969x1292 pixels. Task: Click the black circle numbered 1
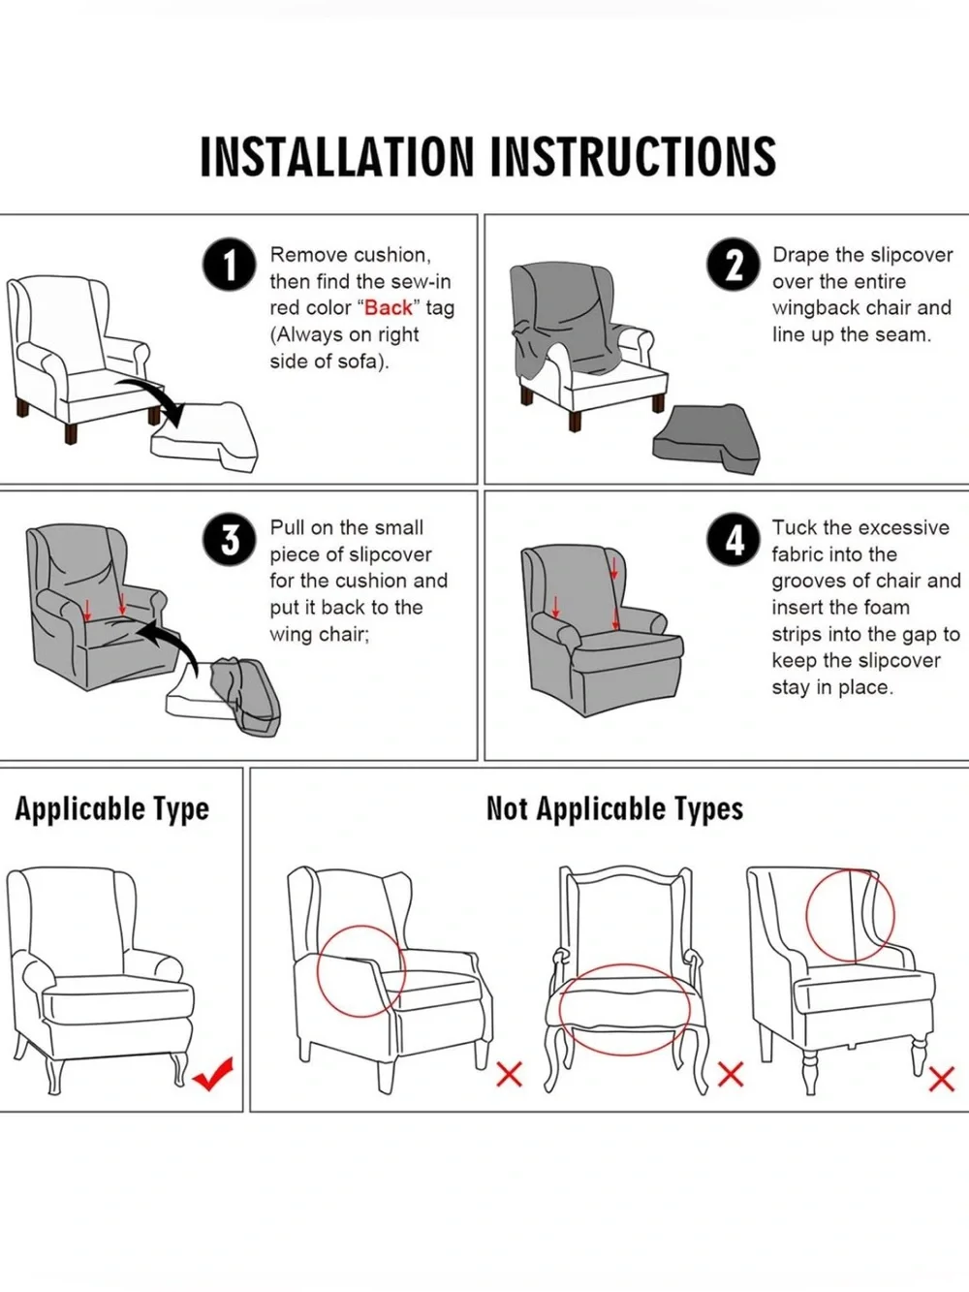click(230, 265)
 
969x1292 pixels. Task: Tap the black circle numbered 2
click(734, 265)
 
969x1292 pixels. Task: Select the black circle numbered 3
click(230, 541)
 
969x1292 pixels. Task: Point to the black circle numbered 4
click(734, 540)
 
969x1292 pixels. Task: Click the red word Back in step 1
click(389, 308)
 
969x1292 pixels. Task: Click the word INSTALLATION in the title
click(337, 157)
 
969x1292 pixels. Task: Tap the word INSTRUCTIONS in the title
click(633, 157)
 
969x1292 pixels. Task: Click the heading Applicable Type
click(111, 809)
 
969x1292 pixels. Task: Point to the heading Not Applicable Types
click(614, 809)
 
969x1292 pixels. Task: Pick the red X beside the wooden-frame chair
click(731, 1076)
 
